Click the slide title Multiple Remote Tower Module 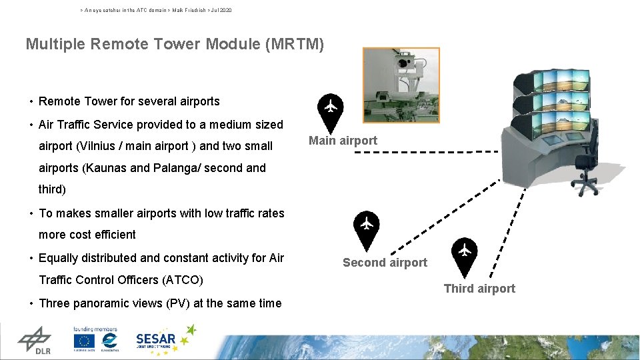[175, 45]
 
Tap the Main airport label [343, 141]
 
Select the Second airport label [385, 263]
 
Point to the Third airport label [479, 289]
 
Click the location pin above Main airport [330, 111]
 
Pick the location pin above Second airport [366, 229]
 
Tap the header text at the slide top [156, 11]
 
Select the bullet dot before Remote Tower [31, 102]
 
